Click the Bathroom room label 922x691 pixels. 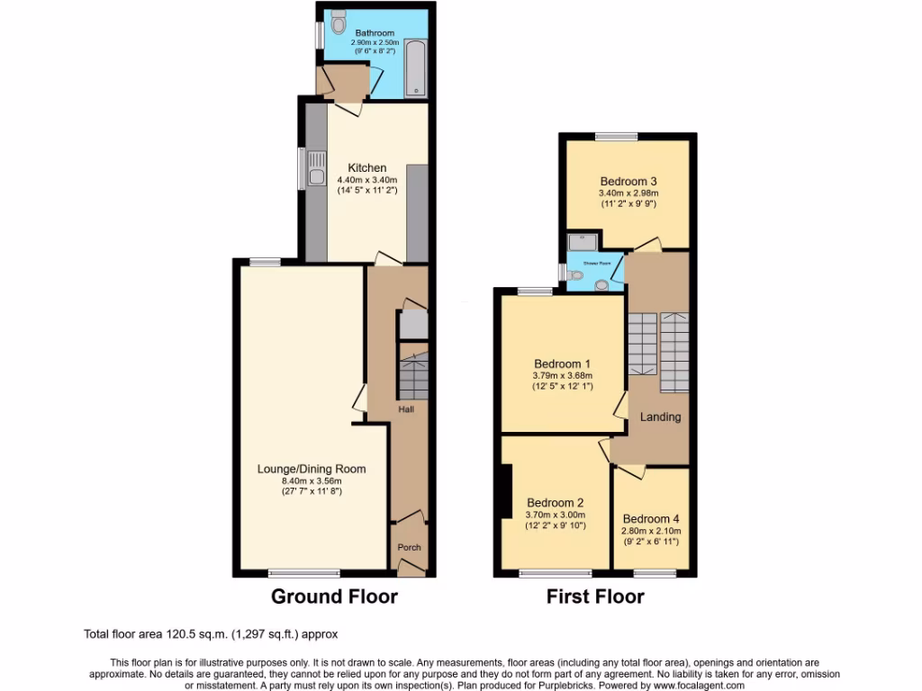375,33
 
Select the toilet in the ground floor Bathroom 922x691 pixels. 338,19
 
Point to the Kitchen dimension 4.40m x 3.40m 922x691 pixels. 367,180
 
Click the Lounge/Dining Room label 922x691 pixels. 312,469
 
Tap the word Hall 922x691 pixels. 407,410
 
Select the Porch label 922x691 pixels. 410,547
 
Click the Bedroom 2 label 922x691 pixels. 556,502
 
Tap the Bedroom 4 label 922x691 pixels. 651,518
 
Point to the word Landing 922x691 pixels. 660,417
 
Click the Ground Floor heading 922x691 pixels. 334,596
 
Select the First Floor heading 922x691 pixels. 595,596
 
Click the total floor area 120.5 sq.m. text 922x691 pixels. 211,634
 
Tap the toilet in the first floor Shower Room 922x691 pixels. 602,284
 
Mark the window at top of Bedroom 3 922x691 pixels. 616,136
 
